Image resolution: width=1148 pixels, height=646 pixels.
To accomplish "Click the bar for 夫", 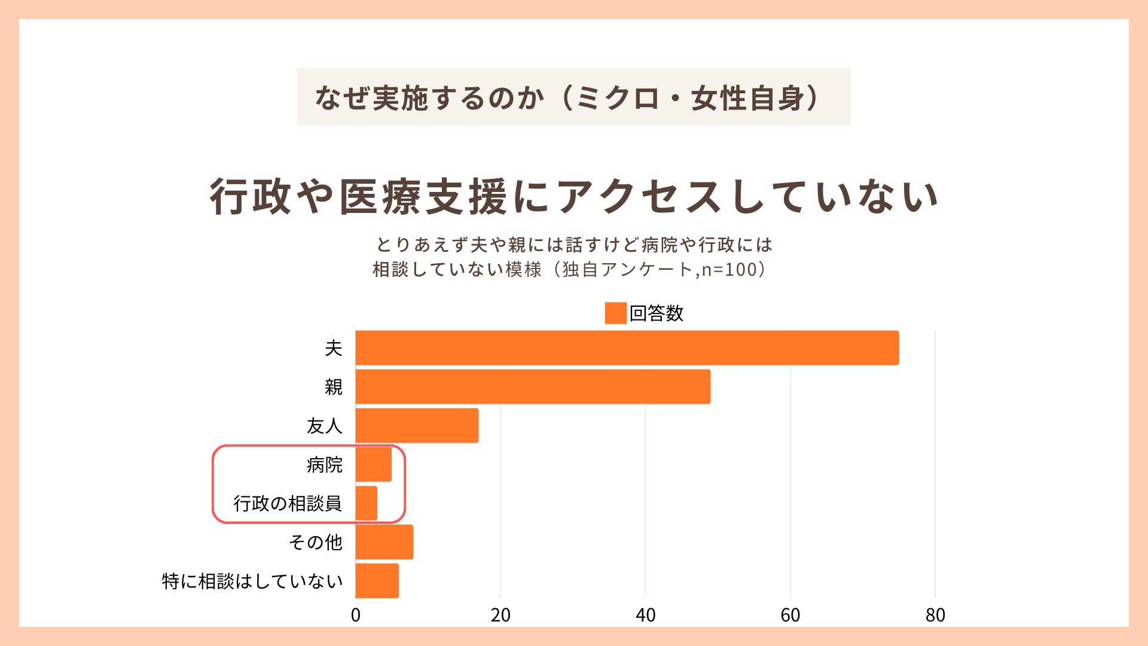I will [627, 348].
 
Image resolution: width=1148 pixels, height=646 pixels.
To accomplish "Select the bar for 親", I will [533, 386].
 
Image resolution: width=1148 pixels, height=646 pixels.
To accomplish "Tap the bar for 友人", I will [417, 425].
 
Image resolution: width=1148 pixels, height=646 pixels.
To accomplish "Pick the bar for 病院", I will [374, 464].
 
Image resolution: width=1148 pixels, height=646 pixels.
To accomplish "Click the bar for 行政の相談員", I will [367, 503].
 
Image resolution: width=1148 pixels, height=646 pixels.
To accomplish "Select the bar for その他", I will [384, 542].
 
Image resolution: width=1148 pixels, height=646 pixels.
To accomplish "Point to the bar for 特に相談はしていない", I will [377, 581].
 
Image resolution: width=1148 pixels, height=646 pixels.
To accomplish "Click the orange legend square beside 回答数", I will [615, 313].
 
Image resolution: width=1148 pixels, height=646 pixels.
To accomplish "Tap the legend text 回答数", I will [656, 313].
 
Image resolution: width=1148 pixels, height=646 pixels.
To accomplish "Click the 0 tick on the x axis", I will [356, 615].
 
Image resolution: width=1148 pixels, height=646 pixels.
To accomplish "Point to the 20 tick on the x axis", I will [500, 615].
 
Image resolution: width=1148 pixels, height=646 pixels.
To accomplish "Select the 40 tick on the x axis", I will [646, 615].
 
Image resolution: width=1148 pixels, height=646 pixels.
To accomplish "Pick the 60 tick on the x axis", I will [790, 615].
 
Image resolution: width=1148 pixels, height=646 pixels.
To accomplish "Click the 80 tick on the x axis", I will [935, 615].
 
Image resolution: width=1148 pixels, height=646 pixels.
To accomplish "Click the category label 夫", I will [333, 348].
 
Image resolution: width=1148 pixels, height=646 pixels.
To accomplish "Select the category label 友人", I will [324, 426].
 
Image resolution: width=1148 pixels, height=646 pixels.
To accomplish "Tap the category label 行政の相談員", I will [288, 504].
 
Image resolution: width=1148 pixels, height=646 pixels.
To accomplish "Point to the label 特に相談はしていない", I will [252, 581].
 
